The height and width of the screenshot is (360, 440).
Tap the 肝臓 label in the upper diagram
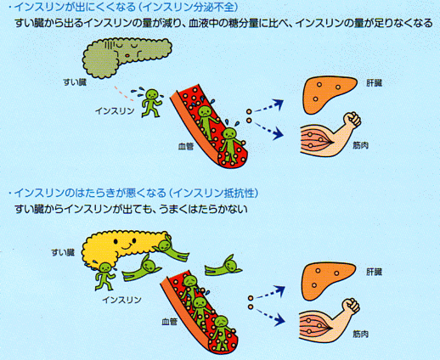(x=374, y=83)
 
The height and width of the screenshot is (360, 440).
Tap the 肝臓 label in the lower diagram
(x=374, y=272)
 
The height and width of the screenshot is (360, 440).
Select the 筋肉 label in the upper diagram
(x=360, y=145)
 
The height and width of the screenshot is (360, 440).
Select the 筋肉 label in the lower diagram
(x=360, y=335)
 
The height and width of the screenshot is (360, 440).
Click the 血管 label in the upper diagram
(x=186, y=146)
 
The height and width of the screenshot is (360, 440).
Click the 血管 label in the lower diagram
(x=169, y=322)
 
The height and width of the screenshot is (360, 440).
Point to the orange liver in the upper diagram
(x=329, y=93)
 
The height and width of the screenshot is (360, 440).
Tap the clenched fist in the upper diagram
(x=352, y=120)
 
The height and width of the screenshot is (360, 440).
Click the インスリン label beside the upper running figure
(x=115, y=111)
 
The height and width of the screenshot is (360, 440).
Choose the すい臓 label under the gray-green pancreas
(x=75, y=82)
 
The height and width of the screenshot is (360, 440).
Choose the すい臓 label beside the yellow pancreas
(x=63, y=252)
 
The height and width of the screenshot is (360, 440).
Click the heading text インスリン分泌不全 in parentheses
(x=190, y=7)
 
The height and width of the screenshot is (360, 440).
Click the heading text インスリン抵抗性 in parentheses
(x=216, y=193)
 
